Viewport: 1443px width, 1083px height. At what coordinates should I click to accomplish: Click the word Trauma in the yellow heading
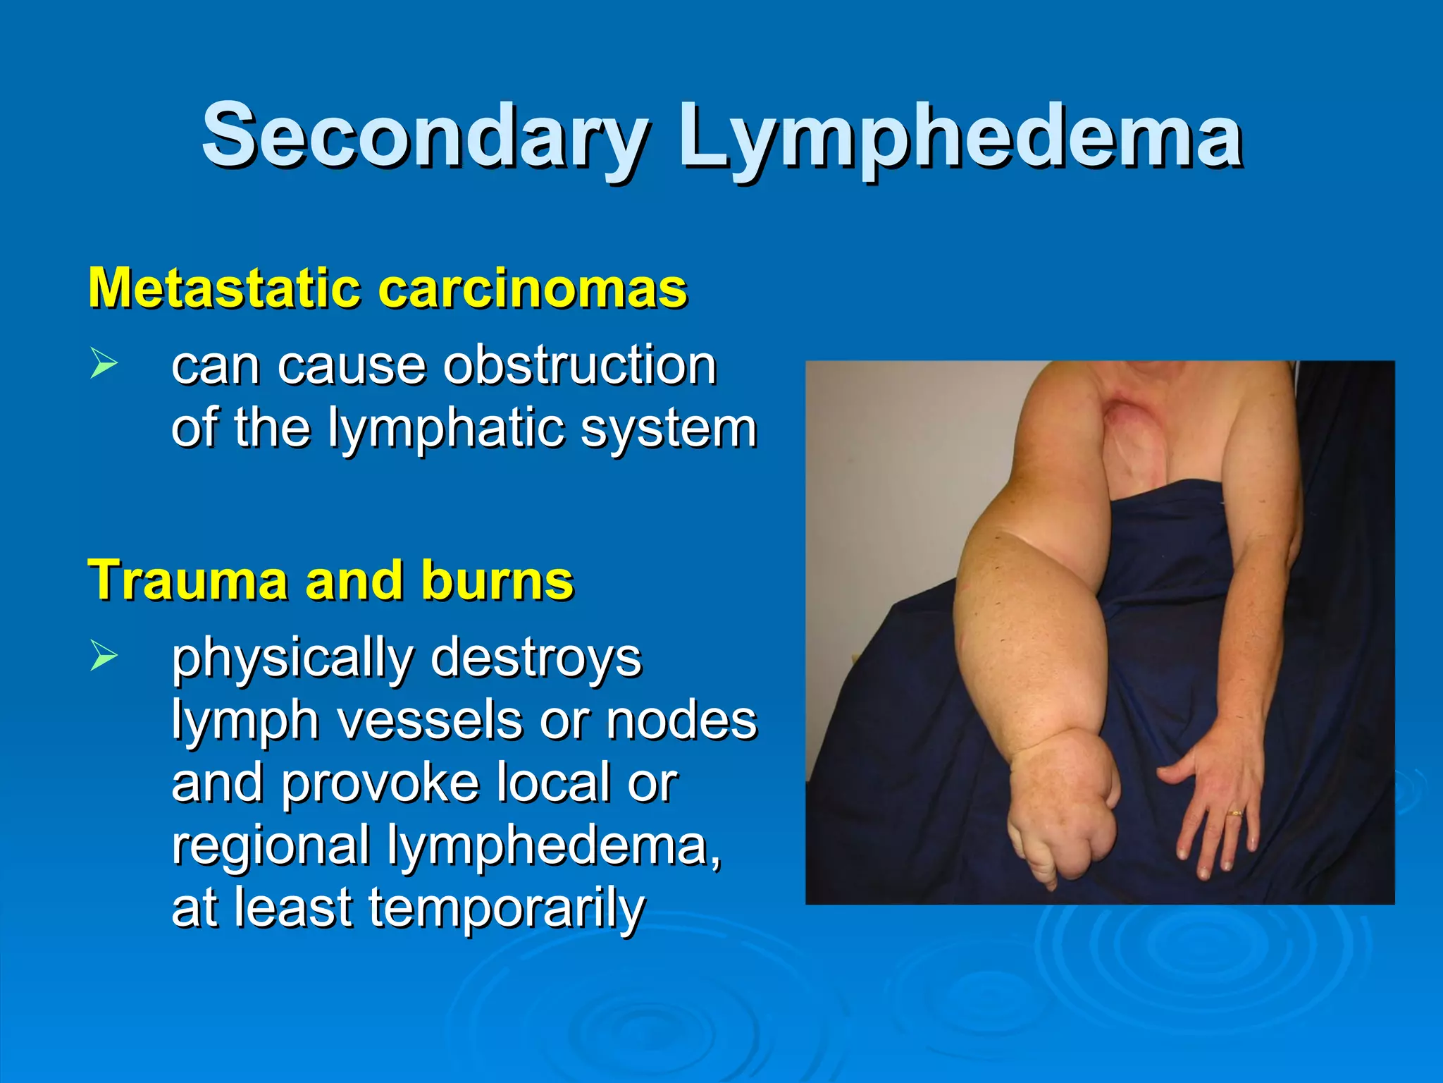(x=187, y=580)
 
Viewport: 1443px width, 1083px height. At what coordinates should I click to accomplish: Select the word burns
(x=497, y=580)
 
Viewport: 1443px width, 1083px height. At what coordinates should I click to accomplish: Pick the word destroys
(x=535, y=657)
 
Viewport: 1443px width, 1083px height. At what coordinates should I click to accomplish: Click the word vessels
(x=429, y=720)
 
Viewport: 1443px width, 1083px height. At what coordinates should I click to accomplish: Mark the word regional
(x=271, y=846)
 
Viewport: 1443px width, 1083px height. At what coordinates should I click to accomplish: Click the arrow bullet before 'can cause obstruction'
(x=104, y=365)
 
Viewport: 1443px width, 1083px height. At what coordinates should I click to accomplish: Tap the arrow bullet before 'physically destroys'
(x=104, y=656)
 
